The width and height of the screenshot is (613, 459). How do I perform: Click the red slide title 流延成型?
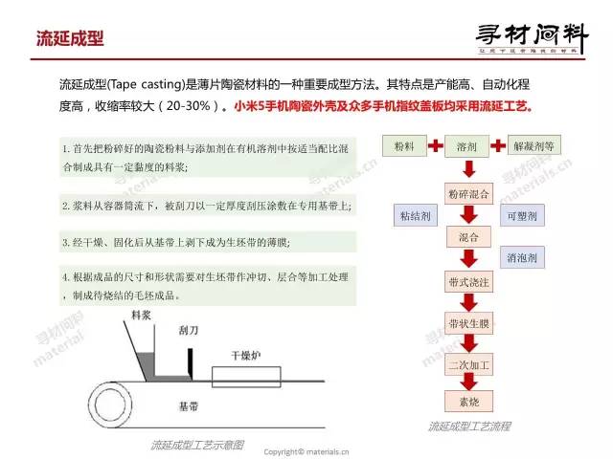coord(69,38)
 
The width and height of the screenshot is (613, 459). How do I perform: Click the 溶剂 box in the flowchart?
coord(467,148)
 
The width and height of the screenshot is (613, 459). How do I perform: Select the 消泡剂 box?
coord(526,257)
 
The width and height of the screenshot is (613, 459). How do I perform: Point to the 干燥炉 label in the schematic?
coord(244,354)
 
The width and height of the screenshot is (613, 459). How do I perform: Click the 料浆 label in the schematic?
coord(143,314)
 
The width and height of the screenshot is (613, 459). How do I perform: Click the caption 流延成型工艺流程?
coord(469,426)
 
